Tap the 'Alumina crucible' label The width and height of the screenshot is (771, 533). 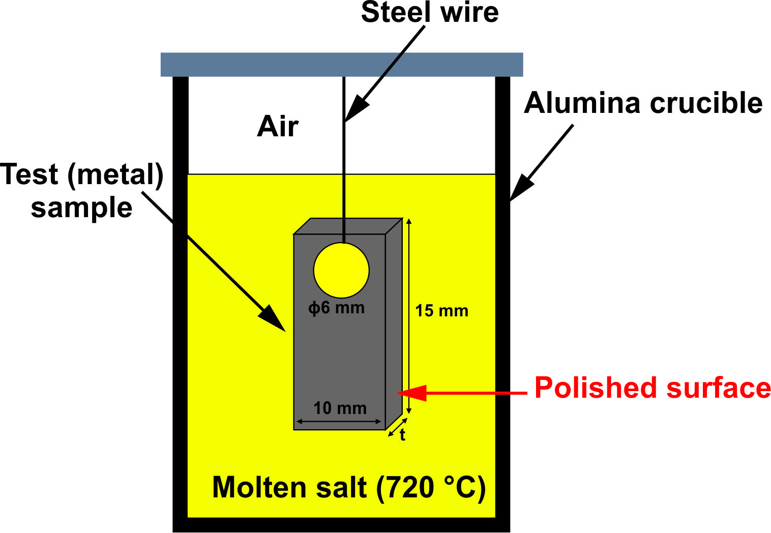(x=643, y=103)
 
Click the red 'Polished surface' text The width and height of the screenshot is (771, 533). (x=653, y=388)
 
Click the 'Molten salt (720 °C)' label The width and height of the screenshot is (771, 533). (x=349, y=487)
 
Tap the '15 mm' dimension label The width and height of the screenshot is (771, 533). (x=441, y=310)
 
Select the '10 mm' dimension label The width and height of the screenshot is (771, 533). (x=340, y=408)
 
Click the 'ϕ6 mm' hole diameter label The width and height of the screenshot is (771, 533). (x=337, y=308)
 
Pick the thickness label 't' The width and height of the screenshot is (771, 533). (x=402, y=435)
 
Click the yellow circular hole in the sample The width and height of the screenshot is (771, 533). (x=341, y=270)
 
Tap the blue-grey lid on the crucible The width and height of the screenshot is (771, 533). (x=342, y=65)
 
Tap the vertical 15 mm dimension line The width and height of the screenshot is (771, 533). (x=408, y=315)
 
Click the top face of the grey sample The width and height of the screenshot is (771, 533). (x=348, y=226)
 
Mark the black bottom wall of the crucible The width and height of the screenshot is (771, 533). (x=341, y=525)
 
